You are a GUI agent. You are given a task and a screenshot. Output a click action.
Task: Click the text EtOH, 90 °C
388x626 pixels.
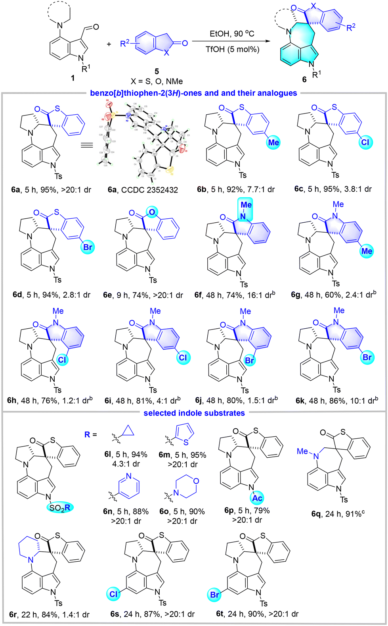click(x=232, y=33)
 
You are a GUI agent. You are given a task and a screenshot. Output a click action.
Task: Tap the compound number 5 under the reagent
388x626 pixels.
click(x=157, y=71)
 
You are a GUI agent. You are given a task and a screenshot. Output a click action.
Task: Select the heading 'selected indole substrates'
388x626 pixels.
click(x=194, y=413)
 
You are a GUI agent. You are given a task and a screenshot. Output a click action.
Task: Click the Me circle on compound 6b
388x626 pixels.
click(x=273, y=142)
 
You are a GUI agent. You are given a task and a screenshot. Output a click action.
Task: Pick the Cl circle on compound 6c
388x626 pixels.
click(x=365, y=142)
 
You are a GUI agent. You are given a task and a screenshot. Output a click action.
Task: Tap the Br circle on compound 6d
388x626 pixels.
click(x=87, y=247)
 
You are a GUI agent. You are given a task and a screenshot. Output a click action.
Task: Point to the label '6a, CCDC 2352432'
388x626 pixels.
click(x=143, y=190)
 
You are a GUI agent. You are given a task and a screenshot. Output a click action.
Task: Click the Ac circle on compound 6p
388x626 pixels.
click(x=257, y=498)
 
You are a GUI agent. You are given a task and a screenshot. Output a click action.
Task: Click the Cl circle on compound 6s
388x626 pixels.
click(x=114, y=594)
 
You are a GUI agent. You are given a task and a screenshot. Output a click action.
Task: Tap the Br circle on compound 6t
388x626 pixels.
click(x=214, y=595)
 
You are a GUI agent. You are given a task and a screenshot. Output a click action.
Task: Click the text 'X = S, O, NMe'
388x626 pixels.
click(x=157, y=81)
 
